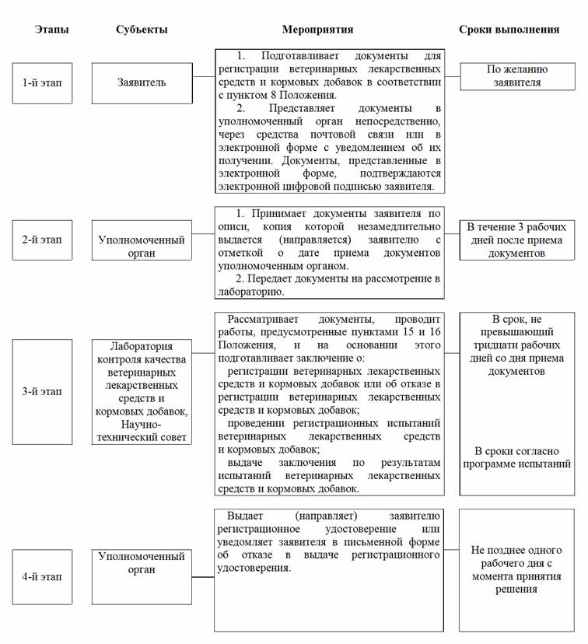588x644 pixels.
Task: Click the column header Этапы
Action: [x=51, y=30]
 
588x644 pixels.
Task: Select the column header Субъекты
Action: [x=141, y=30]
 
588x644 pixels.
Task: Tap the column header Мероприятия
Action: [x=317, y=30]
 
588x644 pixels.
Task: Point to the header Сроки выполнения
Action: [x=509, y=30]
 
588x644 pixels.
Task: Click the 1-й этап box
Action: [x=42, y=82]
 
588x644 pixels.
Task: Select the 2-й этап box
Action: [x=42, y=240]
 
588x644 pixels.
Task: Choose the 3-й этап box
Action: [x=42, y=391]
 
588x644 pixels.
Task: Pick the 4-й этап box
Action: [x=42, y=576]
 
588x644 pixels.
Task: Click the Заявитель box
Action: [x=141, y=82]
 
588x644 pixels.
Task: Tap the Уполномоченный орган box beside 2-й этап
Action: [x=141, y=247]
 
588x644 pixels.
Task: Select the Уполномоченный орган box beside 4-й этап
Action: [x=141, y=563]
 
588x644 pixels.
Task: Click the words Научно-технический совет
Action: [x=142, y=431]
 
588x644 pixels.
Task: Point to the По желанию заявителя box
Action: [x=516, y=75]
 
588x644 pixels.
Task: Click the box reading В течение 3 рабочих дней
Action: [x=516, y=240]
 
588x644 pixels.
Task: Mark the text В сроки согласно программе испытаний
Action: [x=516, y=457]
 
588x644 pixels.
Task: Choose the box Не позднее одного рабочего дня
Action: [x=516, y=569]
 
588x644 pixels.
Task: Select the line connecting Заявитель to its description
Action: [x=204, y=82]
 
